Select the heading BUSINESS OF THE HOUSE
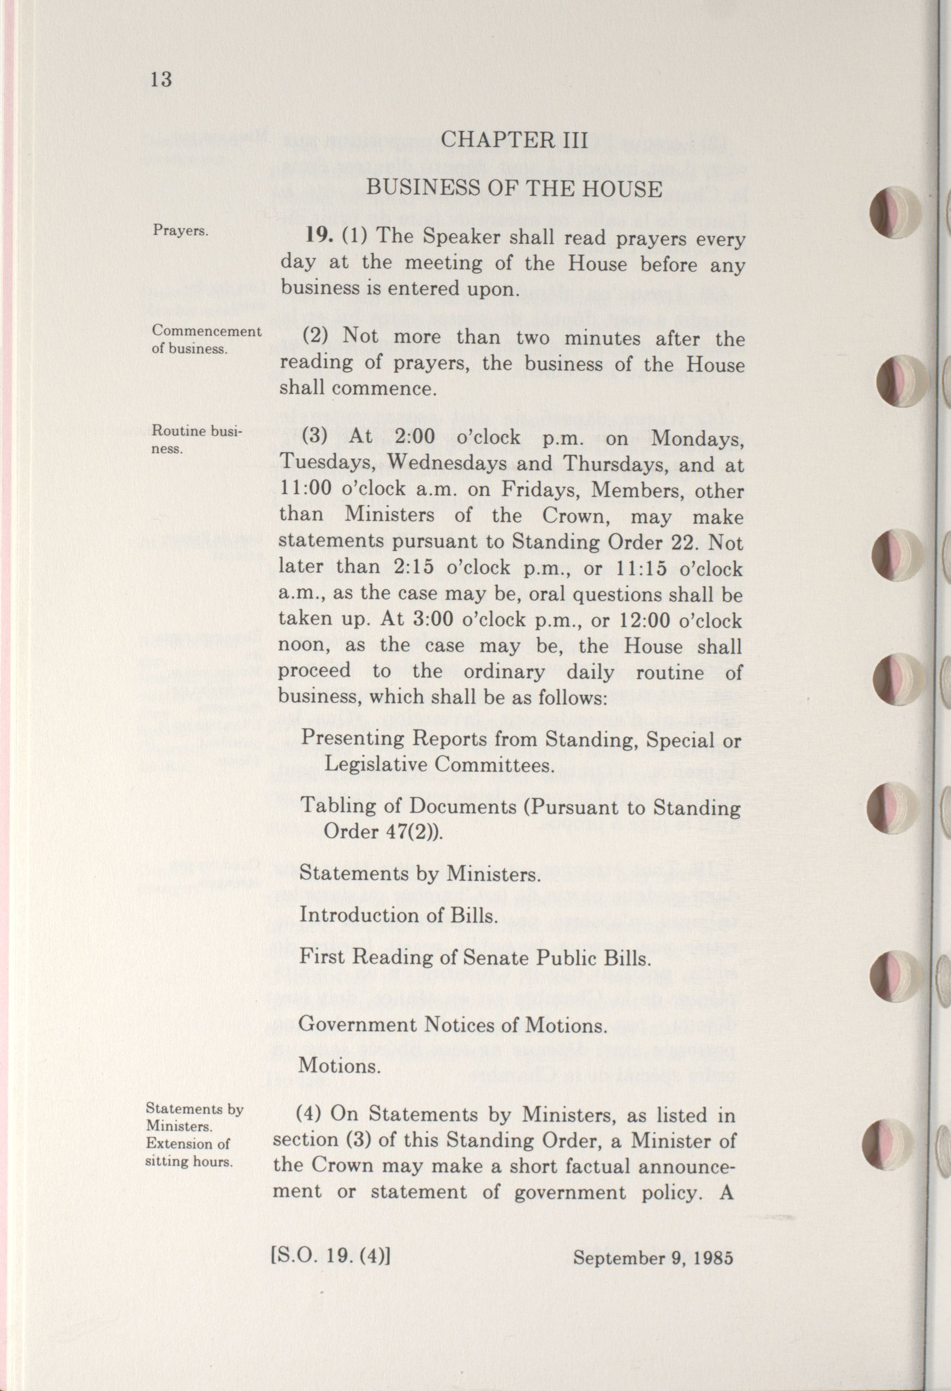pos(514,189)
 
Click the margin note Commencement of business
pos(206,339)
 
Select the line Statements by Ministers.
pos(419,874)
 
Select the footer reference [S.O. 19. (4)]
pos(330,1254)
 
